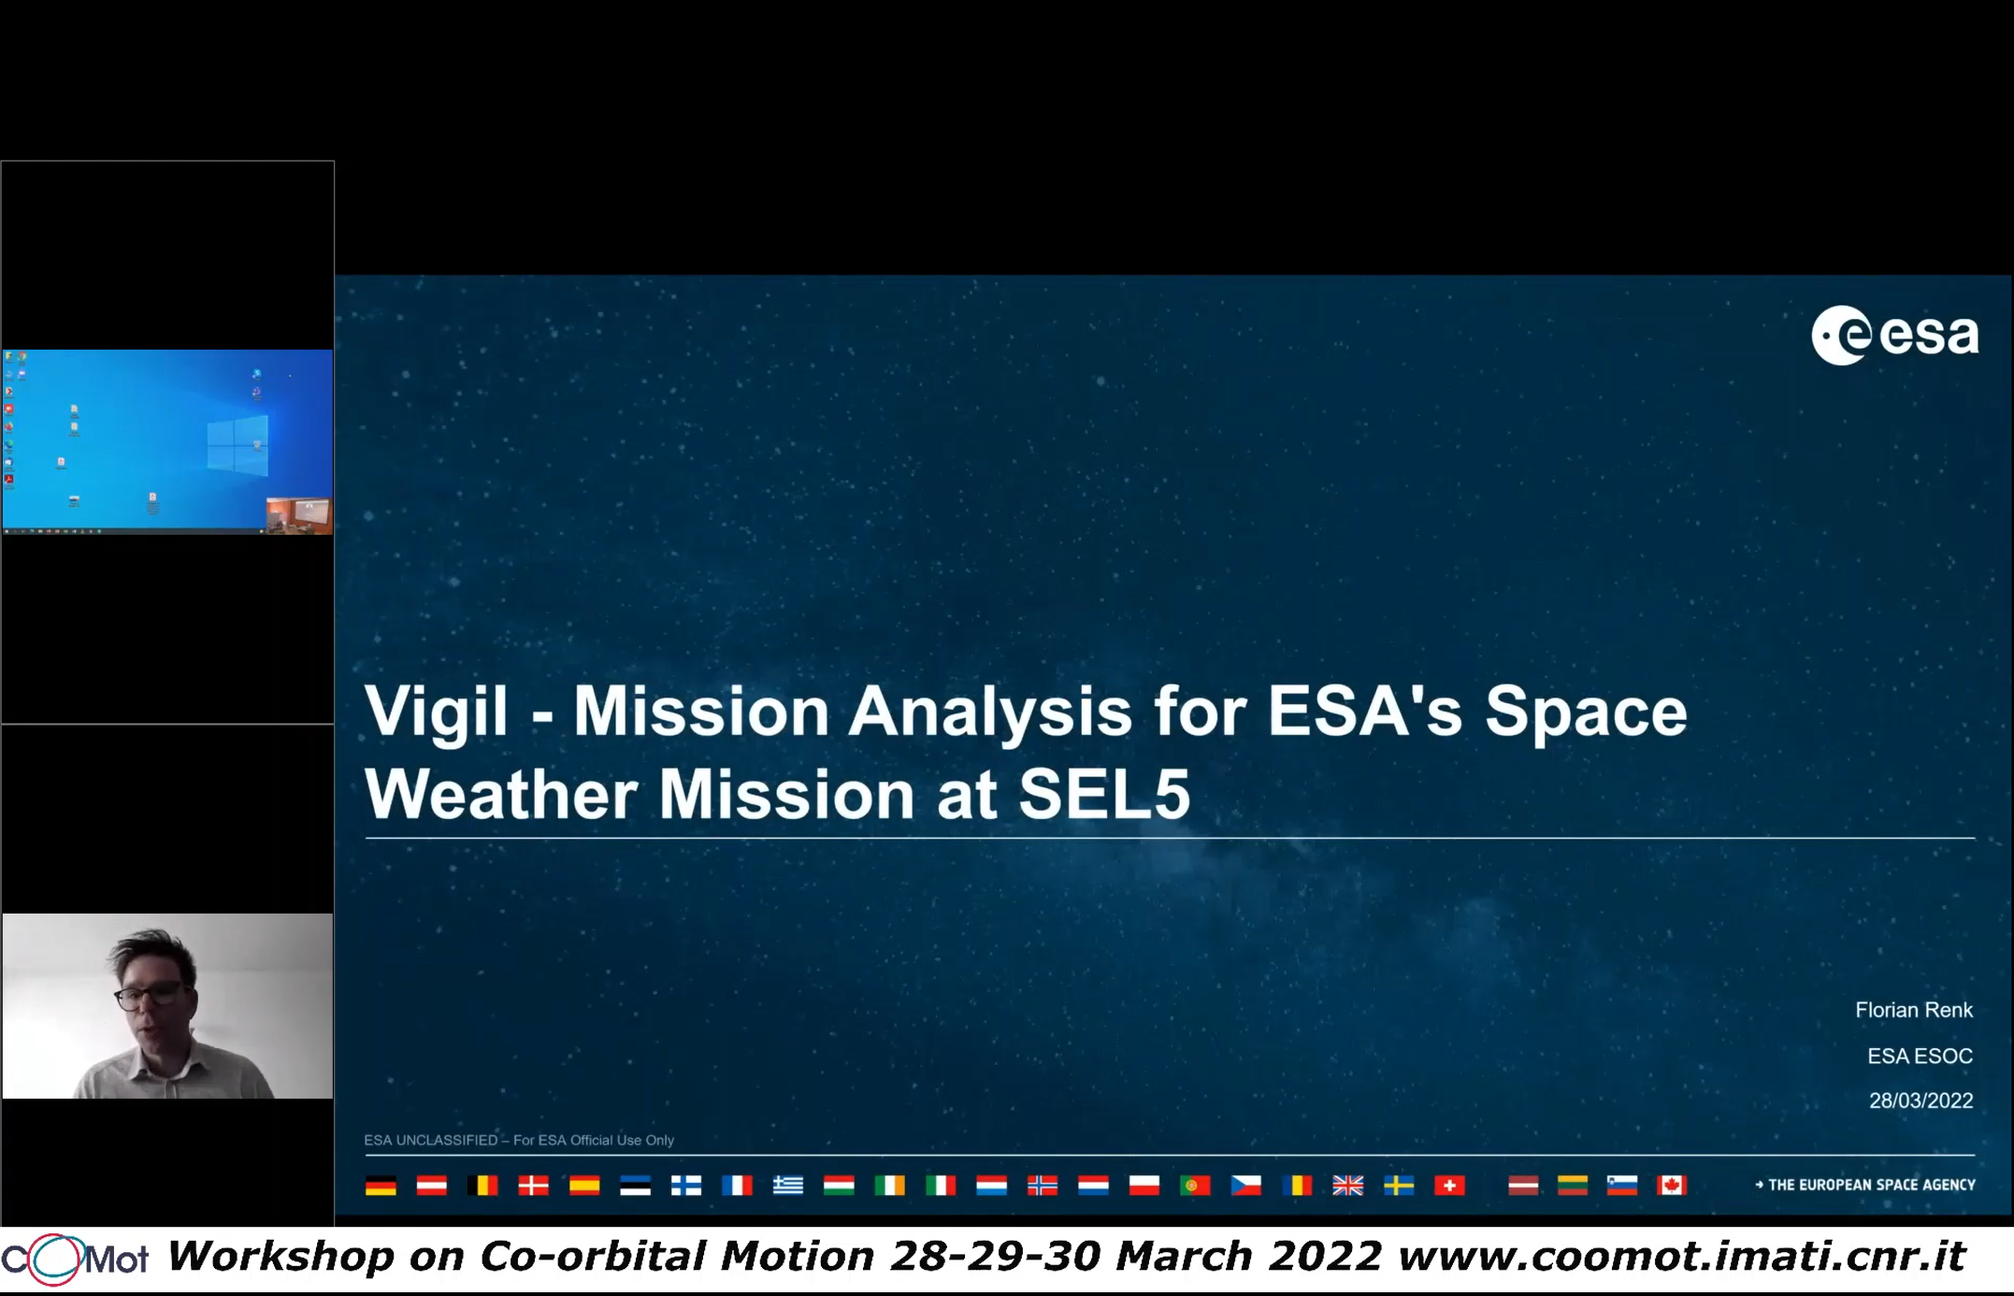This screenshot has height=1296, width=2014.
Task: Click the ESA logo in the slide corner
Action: coord(1895,335)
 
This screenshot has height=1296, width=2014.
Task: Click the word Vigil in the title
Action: coord(436,711)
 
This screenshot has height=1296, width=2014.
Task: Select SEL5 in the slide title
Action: coord(1104,794)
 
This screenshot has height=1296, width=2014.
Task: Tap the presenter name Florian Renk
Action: coord(1914,1010)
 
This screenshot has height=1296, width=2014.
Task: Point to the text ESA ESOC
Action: coord(1920,1056)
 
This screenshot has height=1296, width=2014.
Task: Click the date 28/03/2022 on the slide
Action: coord(1920,1101)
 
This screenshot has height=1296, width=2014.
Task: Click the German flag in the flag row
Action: coord(381,1186)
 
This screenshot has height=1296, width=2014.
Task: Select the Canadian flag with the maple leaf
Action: coord(1672,1186)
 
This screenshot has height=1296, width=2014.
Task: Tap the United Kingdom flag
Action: coord(1347,1186)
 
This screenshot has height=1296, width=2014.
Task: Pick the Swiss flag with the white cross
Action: coord(1449,1186)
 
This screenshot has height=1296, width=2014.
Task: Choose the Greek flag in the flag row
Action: coord(788,1186)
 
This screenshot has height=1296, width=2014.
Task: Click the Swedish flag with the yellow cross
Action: coord(1399,1186)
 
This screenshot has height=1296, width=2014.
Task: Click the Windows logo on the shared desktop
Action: coord(237,446)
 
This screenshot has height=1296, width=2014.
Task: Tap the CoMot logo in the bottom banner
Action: coord(74,1260)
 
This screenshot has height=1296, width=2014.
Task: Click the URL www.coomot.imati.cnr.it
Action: coord(1681,1256)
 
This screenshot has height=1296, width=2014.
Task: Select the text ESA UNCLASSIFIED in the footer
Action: coord(430,1140)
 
